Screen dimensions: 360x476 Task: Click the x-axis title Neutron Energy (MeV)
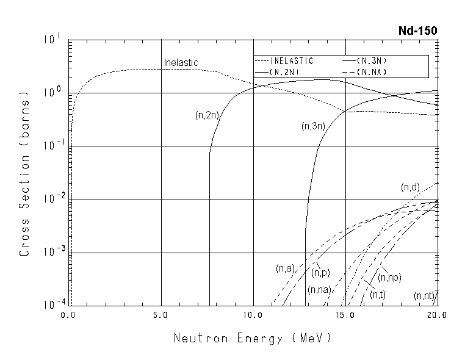point(253,337)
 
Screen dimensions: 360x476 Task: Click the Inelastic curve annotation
point(181,63)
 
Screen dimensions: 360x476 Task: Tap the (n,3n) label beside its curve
point(313,126)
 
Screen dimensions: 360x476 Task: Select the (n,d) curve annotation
point(409,187)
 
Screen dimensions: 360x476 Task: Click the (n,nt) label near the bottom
point(424,296)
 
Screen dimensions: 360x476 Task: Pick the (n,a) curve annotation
point(285,268)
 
